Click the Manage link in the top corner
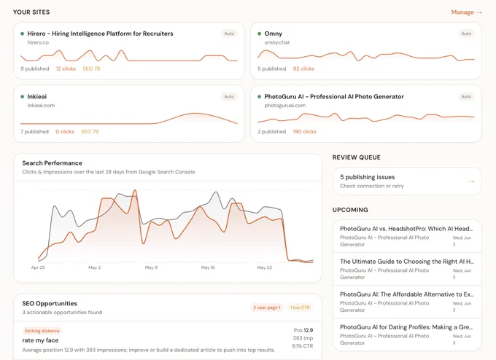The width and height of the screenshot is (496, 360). click(x=466, y=12)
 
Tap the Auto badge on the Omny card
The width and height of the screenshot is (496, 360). click(x=466, y=34)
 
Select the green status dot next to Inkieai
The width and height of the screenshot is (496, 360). click(x=22, y=97)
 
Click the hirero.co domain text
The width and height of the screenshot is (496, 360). click(x=38, y=42)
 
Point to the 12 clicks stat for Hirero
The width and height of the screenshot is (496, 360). click(x=66, y=69)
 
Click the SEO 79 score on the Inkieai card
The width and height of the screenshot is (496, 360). click(x=90, y=131)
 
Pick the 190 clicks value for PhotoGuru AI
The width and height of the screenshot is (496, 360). click(x=304, y=131)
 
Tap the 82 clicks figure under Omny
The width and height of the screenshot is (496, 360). click(x=303, y=69)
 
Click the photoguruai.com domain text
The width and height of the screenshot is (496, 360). click(x=285, y=105)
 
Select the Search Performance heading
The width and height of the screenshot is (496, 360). click(x=53, y=163)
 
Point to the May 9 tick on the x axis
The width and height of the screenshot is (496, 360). click(x=151, y=267)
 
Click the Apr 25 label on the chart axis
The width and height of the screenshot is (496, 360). click(x=38, y=267)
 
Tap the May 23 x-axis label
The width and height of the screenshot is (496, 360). click(x=265, y=267)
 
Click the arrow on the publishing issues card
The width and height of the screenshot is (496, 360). click(x=471, y=181)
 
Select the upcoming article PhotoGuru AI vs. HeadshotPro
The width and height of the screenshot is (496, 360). click(x=406, y=229)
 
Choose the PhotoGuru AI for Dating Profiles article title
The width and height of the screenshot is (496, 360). click(x=406, y=327)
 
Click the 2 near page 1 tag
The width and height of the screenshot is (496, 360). click(x=267, y=308)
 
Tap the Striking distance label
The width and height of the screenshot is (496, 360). click(x=42, y=331)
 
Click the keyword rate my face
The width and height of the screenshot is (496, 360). click(x=40, y=340)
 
